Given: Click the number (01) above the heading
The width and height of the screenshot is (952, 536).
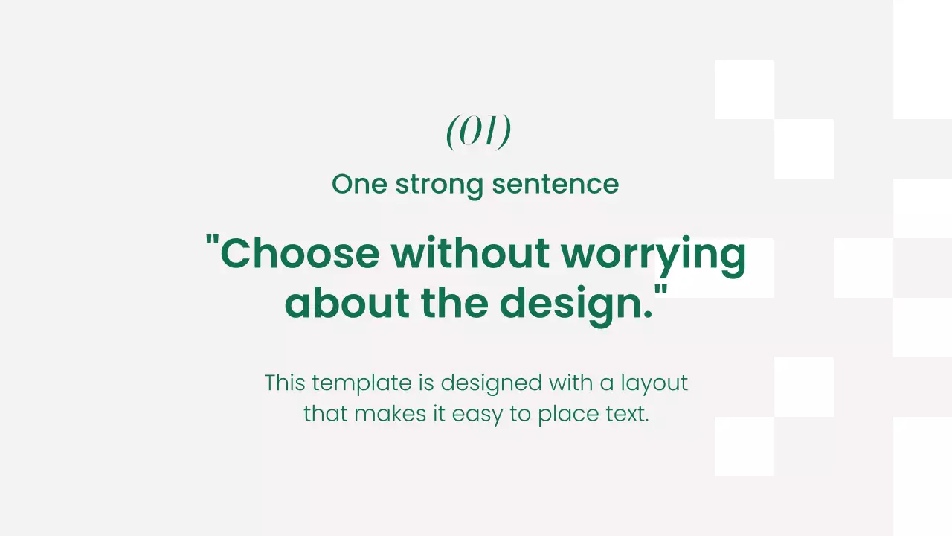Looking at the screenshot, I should click(478, 132).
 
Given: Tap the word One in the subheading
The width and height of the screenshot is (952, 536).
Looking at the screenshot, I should click(359, 184).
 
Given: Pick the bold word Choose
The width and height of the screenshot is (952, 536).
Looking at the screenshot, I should click(300, 253).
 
